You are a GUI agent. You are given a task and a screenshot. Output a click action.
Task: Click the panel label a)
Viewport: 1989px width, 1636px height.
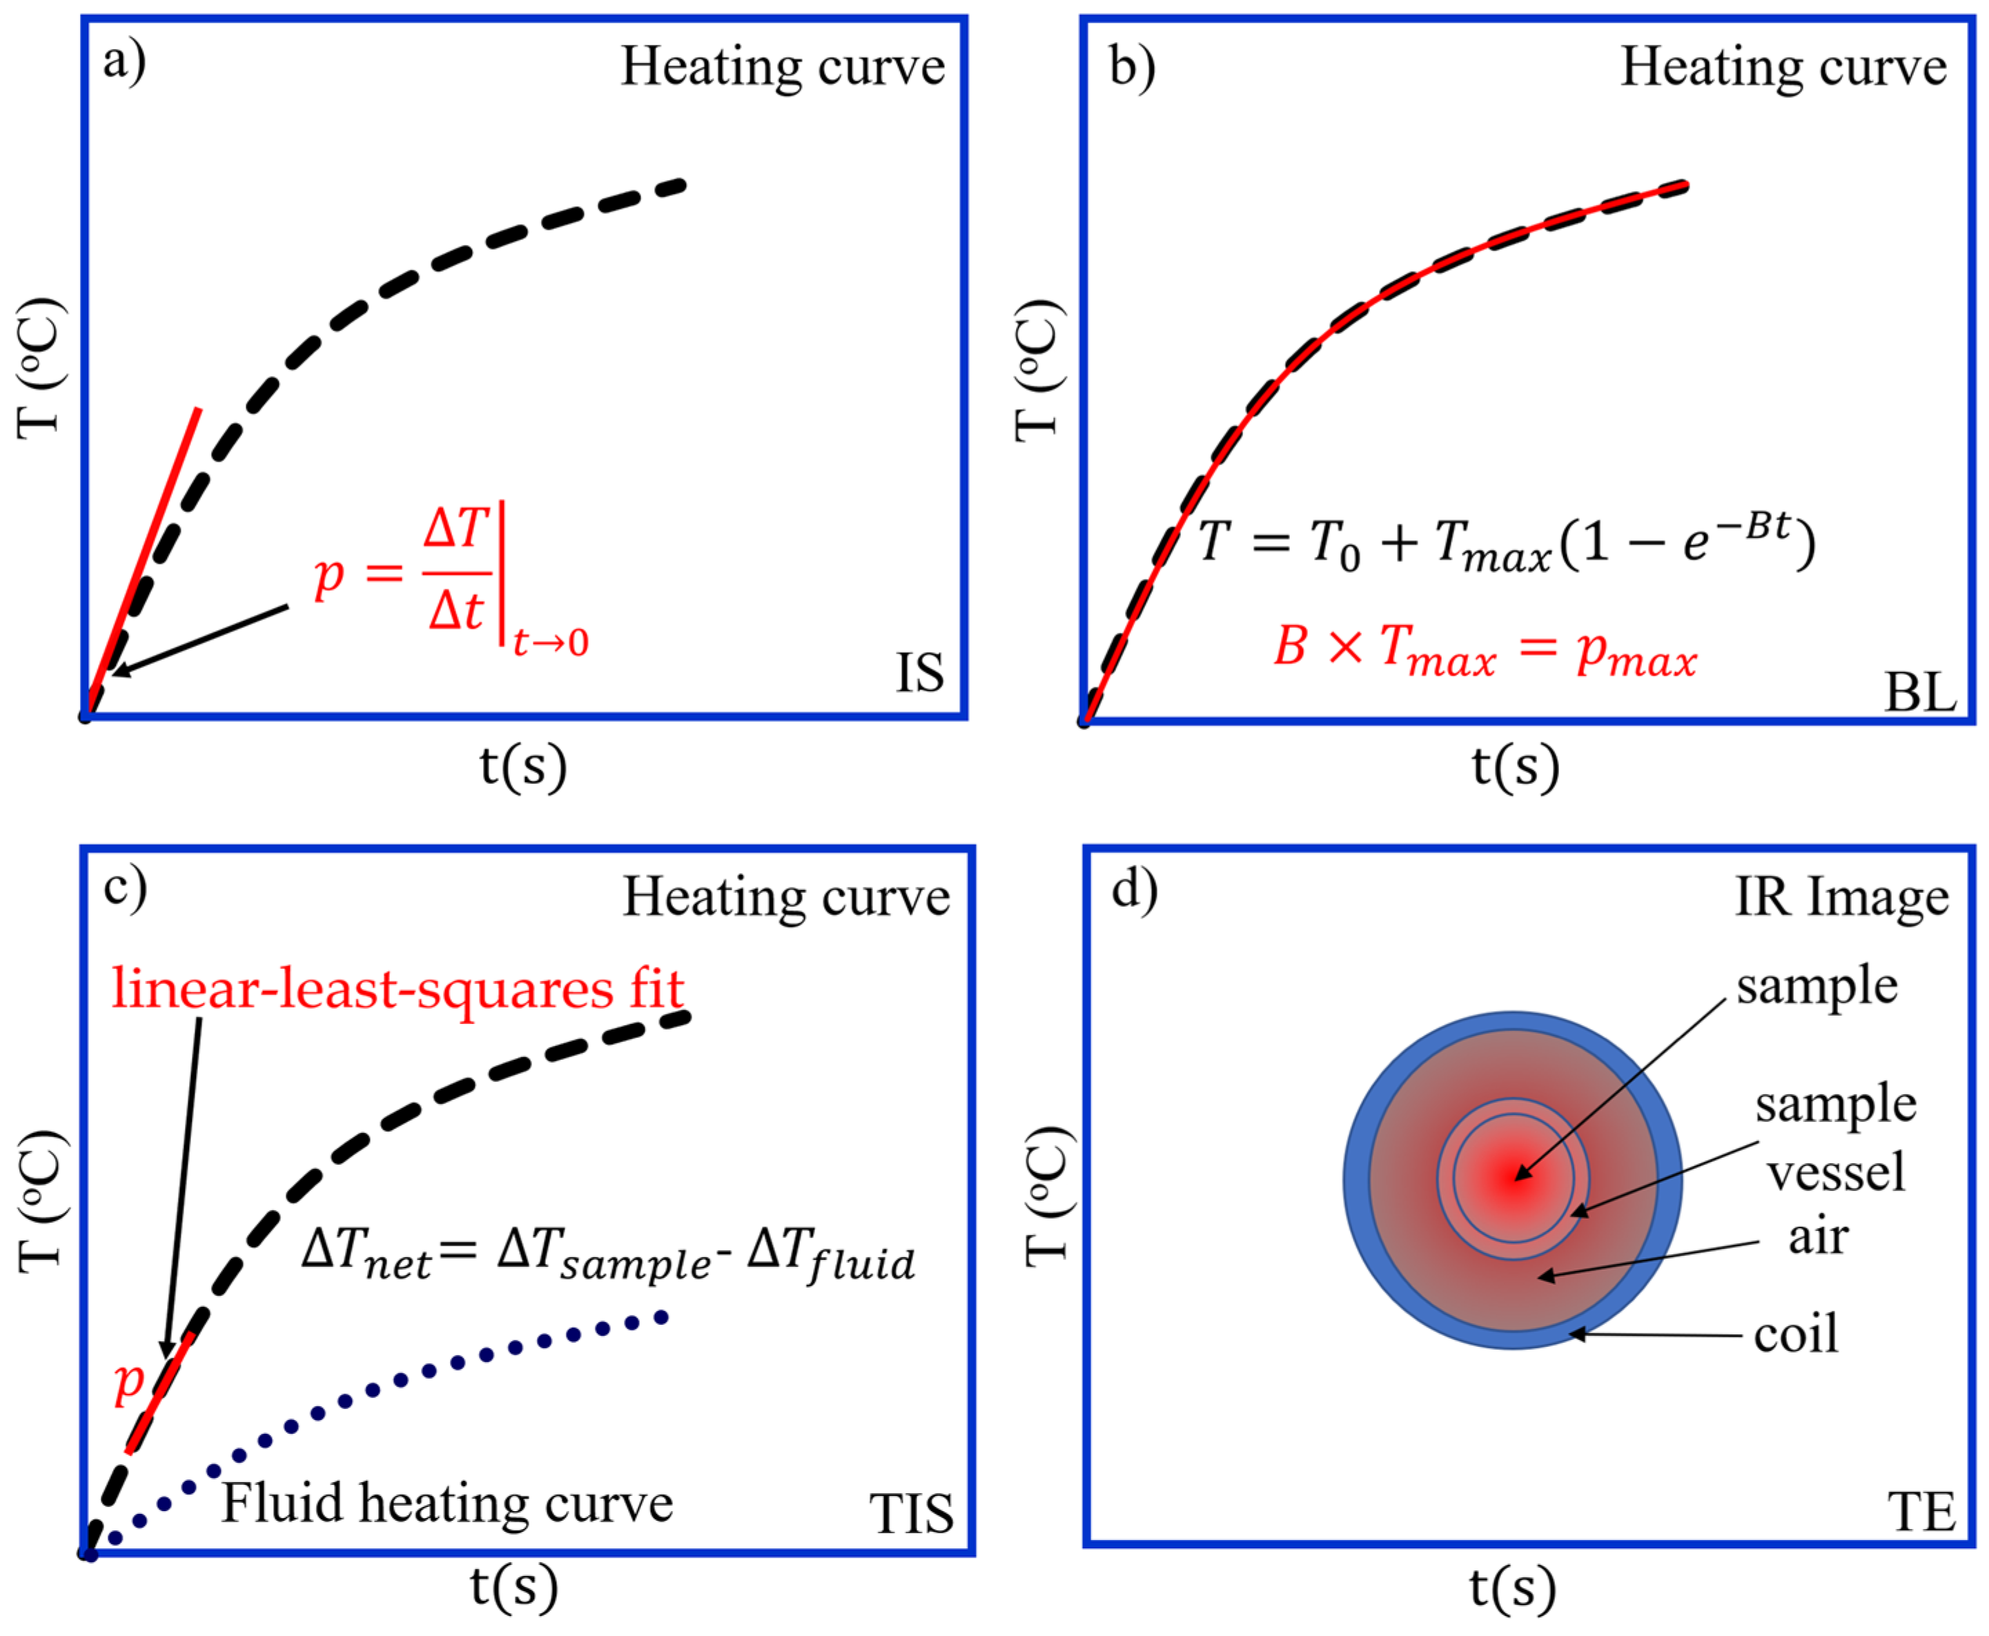point(124,63)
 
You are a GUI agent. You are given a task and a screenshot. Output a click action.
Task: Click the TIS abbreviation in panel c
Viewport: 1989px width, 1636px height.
point(910,1515)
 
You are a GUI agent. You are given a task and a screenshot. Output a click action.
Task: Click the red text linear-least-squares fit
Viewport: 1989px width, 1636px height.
point(398,989)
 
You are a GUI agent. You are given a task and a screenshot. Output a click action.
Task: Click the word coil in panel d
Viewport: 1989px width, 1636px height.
point(1796,1334)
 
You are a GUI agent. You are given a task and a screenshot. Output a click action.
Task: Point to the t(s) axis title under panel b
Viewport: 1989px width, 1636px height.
point(1515,765)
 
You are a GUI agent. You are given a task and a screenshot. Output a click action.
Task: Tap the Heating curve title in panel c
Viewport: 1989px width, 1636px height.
point(786,896)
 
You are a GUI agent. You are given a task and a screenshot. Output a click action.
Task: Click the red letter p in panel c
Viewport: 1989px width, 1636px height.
point(128,1381)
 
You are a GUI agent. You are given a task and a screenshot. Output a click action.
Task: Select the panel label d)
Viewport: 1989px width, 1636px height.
point(1134,889)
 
